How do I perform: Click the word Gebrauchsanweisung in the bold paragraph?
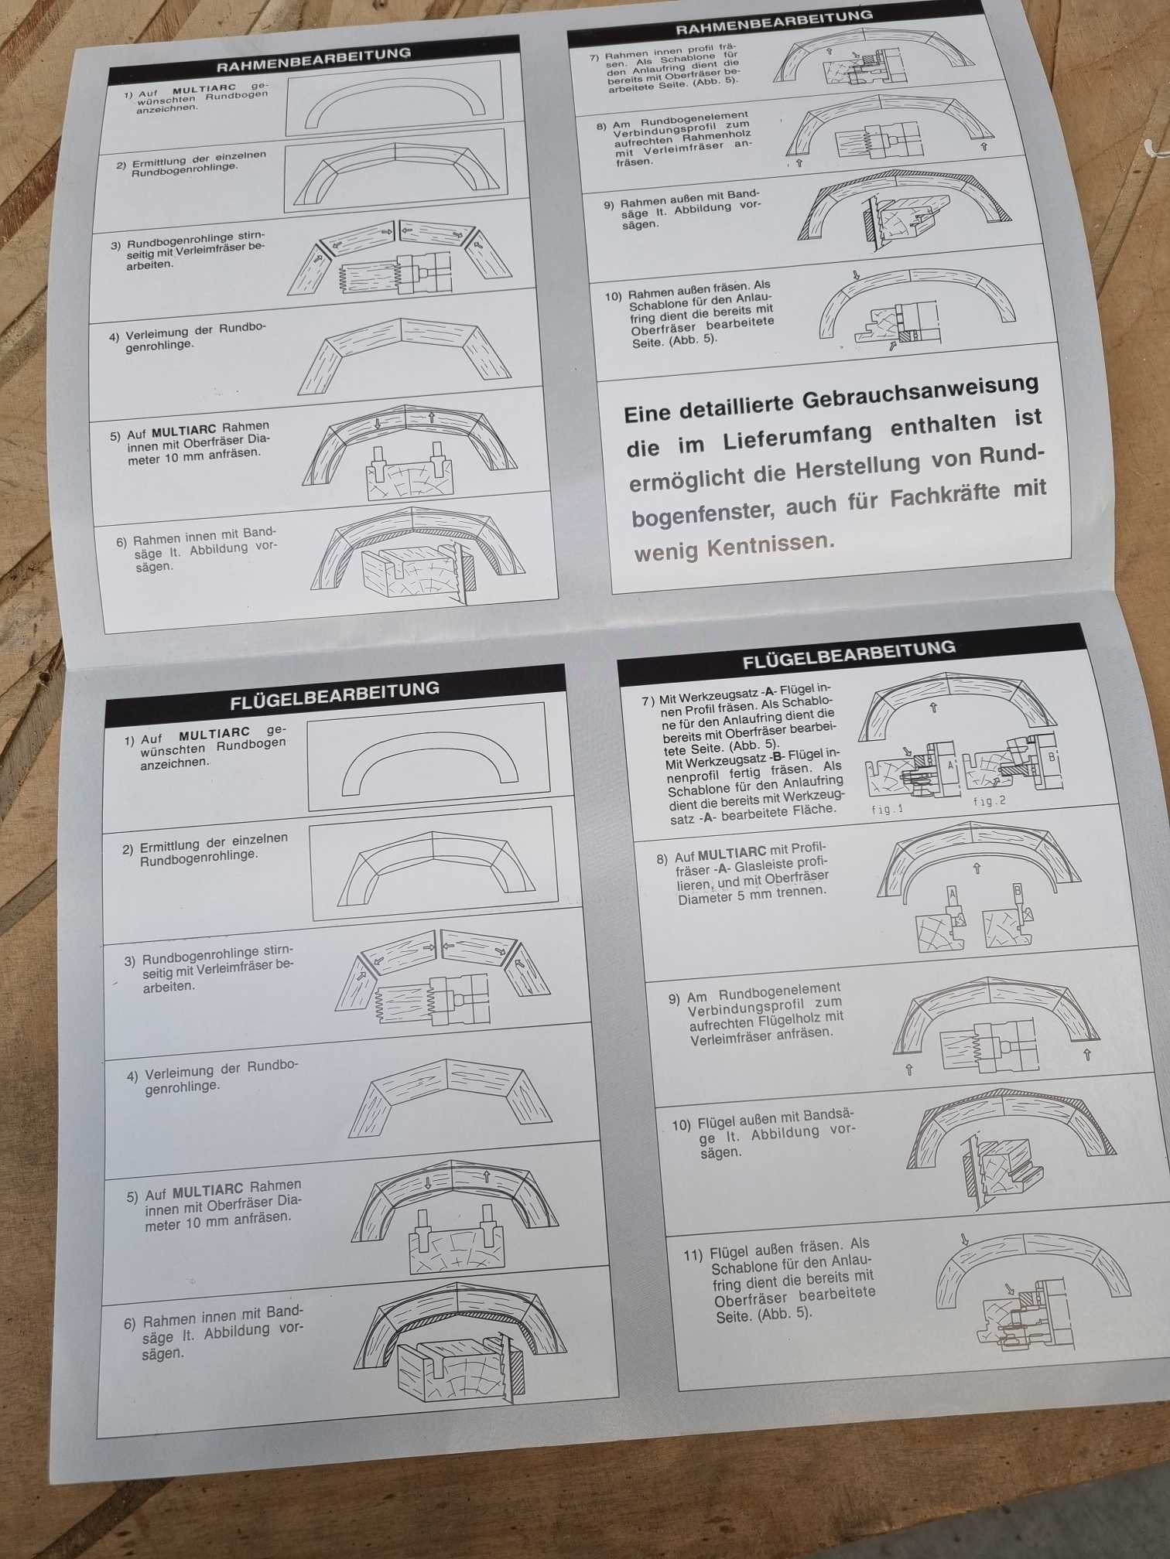pyautogui.click(x=920, y=394)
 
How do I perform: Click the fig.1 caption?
pyautogui.click(x=887, y=810)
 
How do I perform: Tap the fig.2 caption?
pyautogui.click(x=990, y=801)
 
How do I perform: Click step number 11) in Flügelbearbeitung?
pyautogui.click(x=693, y=1254)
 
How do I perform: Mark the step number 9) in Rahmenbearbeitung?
pyautogui.click(x=609, y=205)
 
